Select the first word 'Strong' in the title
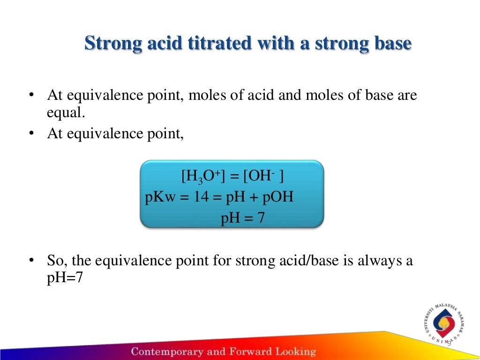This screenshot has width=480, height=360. pos(111,44)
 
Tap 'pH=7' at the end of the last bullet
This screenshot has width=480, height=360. pos(65,277)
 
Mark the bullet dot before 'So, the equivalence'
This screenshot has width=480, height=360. pos(31,261)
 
